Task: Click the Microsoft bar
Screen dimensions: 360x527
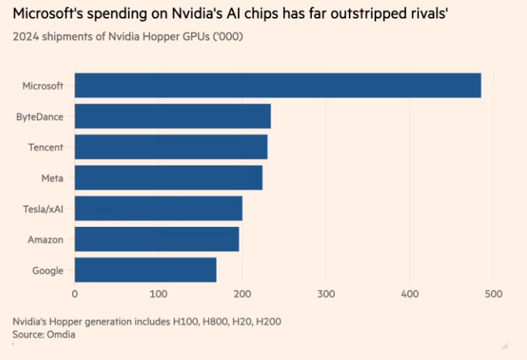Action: pyautogui.click(x=278, y=86)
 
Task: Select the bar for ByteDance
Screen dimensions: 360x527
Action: pyautogui.click(x=173, y=117)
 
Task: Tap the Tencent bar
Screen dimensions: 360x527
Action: pyautogui.click(x=171, y=147)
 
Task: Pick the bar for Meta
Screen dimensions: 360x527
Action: pyautogui.click(x=169, y=178)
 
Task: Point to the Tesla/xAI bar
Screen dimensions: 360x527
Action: pyautogui.click(x=158, y=208)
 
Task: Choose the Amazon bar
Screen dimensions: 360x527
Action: pyautogui.click(x=157, y=240)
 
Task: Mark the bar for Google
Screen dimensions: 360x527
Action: pyautogui.click(x=146, y=270)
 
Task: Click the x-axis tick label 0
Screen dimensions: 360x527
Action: pyautogui.click(x=75, y=294)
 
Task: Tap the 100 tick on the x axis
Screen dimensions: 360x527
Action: pyautogui.click(x=158, y=294)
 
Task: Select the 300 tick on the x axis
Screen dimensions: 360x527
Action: pyautogui.click(x=326, y=294)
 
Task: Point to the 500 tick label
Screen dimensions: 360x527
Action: pyautogui.click(x=493, y=294)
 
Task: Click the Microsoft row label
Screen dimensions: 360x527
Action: pyautogui.click(x=44, y=86)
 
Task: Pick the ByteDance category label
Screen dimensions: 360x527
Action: pyautogui.click(x=40, y=117)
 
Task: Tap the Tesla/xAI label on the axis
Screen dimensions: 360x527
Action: pyautogui.click(x=43, y=208)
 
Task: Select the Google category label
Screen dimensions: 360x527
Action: pyautogui.click(x=48, y=270)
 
